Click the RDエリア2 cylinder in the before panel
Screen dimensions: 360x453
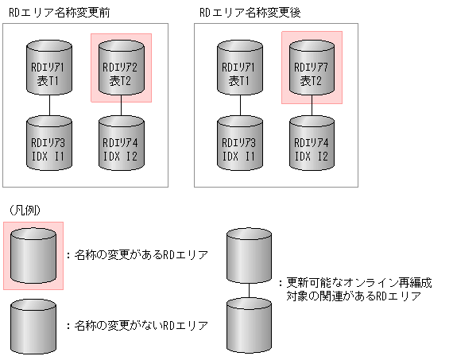click(122, 69)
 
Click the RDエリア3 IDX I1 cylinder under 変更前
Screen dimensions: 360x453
click(50, 143)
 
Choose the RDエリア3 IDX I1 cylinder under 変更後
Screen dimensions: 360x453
click(241, 143)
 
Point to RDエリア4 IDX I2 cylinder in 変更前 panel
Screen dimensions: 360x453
click(122, 143)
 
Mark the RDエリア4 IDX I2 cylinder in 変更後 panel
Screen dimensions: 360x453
click(312, 143)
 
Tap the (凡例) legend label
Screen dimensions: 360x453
click(25, 209)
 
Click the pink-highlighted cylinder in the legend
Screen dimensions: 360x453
click(33, 255)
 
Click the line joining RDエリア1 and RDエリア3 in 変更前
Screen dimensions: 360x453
click(50, 105)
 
